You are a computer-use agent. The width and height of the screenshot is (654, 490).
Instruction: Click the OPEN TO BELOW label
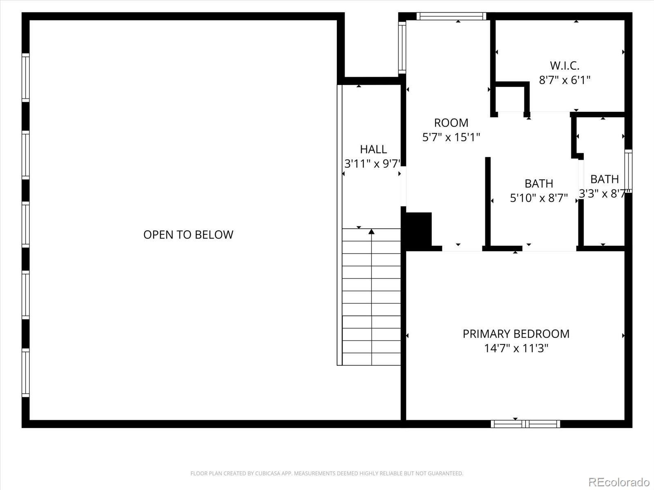(x=188, y=234)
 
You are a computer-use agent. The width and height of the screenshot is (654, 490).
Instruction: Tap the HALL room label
(x=373, y=149)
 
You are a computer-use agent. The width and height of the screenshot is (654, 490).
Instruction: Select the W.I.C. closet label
(x=564, y=65)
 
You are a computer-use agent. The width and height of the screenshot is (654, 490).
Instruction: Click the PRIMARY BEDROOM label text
(x=516, y=334)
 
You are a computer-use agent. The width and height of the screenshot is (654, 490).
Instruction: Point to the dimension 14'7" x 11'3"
(x=516, y=348)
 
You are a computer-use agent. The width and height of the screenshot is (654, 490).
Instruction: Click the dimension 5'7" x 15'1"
(x=451, y=137)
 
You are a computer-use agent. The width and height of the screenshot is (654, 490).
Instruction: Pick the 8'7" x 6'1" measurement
(x=564, y=80)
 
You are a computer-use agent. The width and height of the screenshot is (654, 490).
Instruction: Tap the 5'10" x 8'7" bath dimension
(x=539, y=198)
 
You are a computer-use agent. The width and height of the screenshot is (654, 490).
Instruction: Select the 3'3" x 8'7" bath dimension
(x=602, y=194)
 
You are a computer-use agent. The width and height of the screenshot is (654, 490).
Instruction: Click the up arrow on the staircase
(x=371, y=232)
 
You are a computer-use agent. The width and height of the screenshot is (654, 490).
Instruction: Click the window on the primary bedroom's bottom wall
(x=525, y=424)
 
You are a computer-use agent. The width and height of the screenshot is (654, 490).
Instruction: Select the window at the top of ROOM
(x=451, y=16)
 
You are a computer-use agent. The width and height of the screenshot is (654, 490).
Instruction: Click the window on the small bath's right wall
(x=628, y=171)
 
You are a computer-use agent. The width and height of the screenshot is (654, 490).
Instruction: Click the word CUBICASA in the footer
(x=271, y=474)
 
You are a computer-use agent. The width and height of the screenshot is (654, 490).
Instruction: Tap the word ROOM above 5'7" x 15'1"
(x=451, y=122)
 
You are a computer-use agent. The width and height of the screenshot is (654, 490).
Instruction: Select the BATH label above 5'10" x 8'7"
(x=539, y=183)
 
